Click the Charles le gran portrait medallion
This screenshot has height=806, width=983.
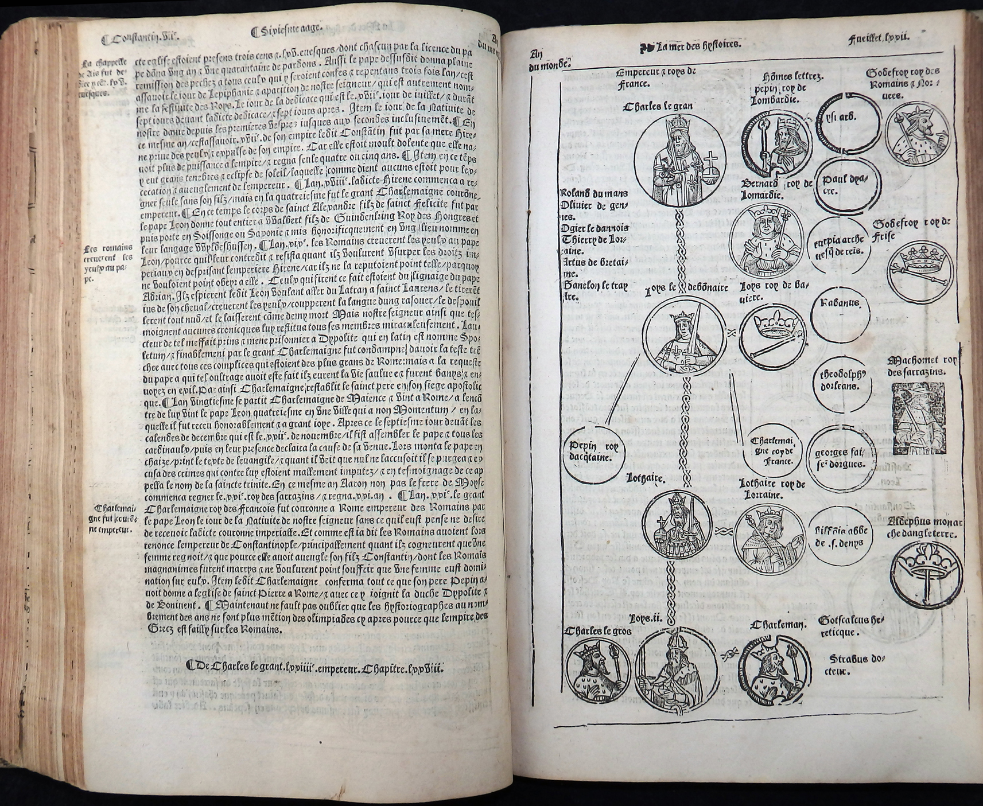681,159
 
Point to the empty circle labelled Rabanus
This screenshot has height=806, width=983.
840,303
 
